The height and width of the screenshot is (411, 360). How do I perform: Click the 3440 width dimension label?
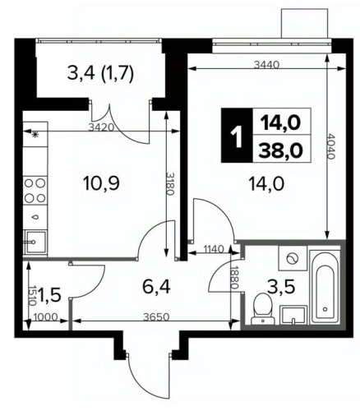pyautogui.click(x=266, y=65)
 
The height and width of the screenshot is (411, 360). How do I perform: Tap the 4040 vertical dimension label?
pyautogui.click(x=331, y=146)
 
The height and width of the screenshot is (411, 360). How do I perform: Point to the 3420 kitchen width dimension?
pyautogui.click(x=101, y=127)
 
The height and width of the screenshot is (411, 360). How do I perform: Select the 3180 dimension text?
pyautogui.click(x=170, y=184)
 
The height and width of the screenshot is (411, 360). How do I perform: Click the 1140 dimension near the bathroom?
pyautogui.click(x=214, y=249)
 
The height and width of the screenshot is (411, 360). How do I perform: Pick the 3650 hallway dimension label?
pyautogui.click(x=157, y=317)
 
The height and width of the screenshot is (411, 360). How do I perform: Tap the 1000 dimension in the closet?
pyautogui.click(x=45, y=317)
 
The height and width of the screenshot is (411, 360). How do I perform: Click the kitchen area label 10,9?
pyautogui.click(x=101, y=183)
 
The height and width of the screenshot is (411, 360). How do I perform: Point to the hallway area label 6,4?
pyautogui.click(x=156, y=287)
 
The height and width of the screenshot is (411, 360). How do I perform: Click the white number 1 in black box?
pyautogui.click(x=237, y=135)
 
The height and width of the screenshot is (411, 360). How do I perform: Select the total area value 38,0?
pyautogui.click(x=281, y=150)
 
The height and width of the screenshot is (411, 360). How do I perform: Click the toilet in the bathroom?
pyautogui.click(x=262, y=309)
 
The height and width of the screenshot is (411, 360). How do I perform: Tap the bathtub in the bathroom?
pyautogui.click(x=325, y=286)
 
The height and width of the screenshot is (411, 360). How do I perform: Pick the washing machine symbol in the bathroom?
pyautogui.click(x=293, y=258)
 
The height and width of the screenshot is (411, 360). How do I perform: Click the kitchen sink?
pyautogui.click(x=35, y=242)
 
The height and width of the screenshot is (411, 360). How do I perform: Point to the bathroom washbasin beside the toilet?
pyautogui.click(x=293, y=316)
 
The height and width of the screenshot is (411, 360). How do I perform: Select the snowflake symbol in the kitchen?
pyautogui.click(x=35, y=134)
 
